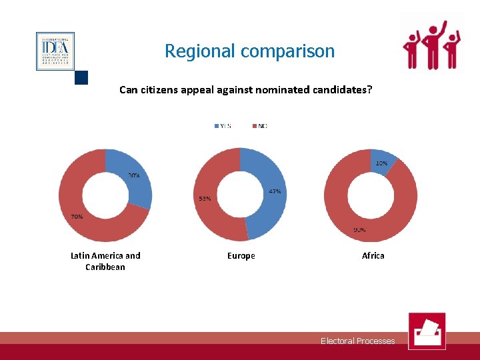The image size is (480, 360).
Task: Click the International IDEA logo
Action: tap(55, 51)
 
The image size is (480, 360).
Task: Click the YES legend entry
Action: tap(223, 126)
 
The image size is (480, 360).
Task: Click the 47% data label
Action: tap(275, 191)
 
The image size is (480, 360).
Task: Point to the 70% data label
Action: tap(77, 217)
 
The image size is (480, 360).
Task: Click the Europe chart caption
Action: tap(241, 255)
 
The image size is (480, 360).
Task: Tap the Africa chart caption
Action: tap(373, 255)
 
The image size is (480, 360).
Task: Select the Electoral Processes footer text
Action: tap(357, 341)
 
